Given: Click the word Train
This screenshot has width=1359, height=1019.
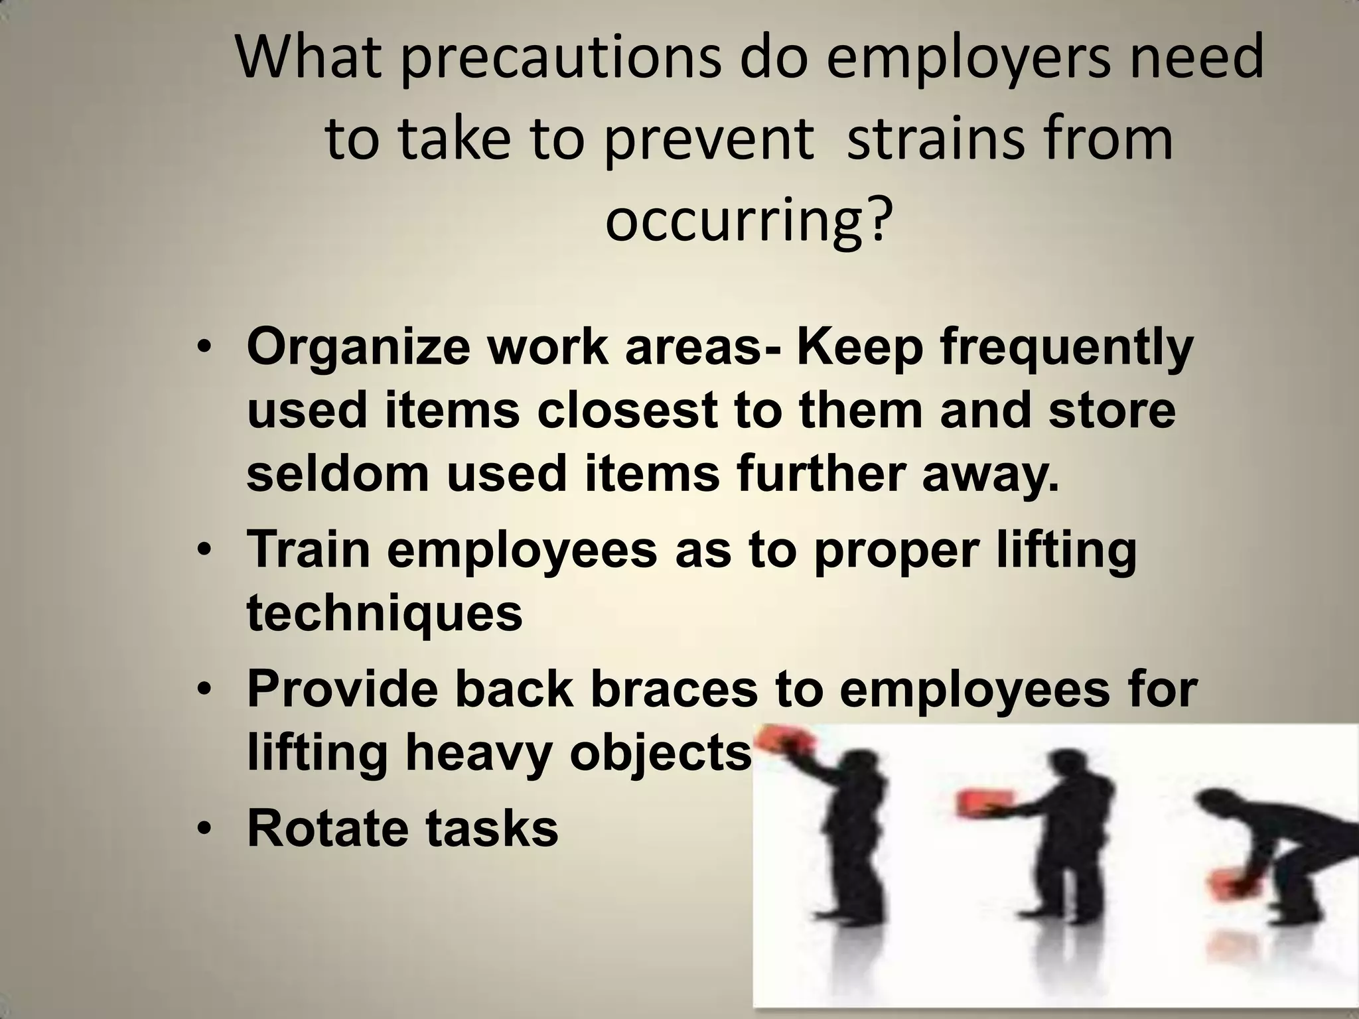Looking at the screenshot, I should click(x=309, y=550).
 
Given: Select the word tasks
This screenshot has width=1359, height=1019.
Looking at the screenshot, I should click(x=492, y=829).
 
